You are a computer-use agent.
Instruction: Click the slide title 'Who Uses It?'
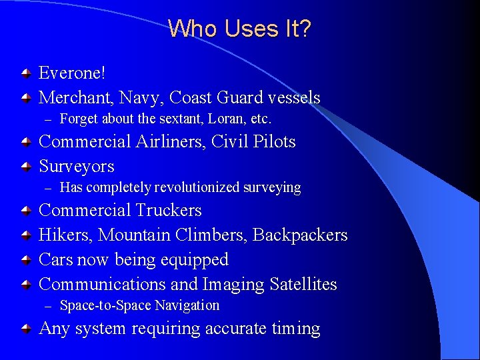coord(239,29)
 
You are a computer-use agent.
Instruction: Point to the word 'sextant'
coord(184,119)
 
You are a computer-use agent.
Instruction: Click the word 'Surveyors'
coord(77,166)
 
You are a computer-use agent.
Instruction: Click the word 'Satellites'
coord(303,284)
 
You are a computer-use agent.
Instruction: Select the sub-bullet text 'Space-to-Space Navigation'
coord(139,305)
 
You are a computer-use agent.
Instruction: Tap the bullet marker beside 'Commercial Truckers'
coord(25,211)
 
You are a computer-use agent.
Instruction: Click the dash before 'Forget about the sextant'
coord(47,119)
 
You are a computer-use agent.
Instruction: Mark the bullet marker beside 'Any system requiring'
coord(25,329)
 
